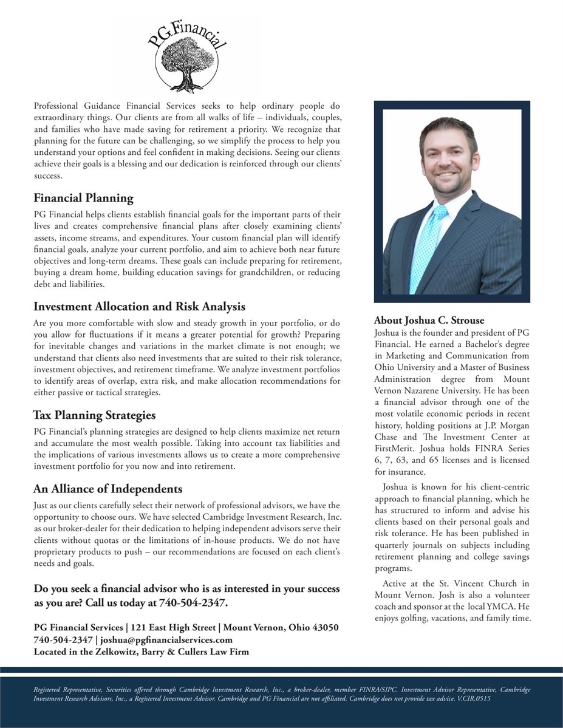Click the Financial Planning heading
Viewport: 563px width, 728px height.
(83, 199)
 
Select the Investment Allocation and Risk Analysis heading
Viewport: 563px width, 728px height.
(139, 306)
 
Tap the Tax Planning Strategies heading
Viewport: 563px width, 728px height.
(94, 415)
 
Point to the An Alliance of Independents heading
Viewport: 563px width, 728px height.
(107, 489)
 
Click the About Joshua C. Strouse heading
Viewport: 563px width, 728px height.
(429, 320)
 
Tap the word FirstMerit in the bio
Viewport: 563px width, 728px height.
(395, 448)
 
